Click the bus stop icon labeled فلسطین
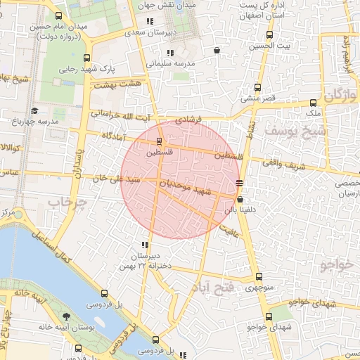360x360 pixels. coord(158,141)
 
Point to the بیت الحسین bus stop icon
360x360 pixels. coord(269,35)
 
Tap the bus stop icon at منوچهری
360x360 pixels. coord(259,277)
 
